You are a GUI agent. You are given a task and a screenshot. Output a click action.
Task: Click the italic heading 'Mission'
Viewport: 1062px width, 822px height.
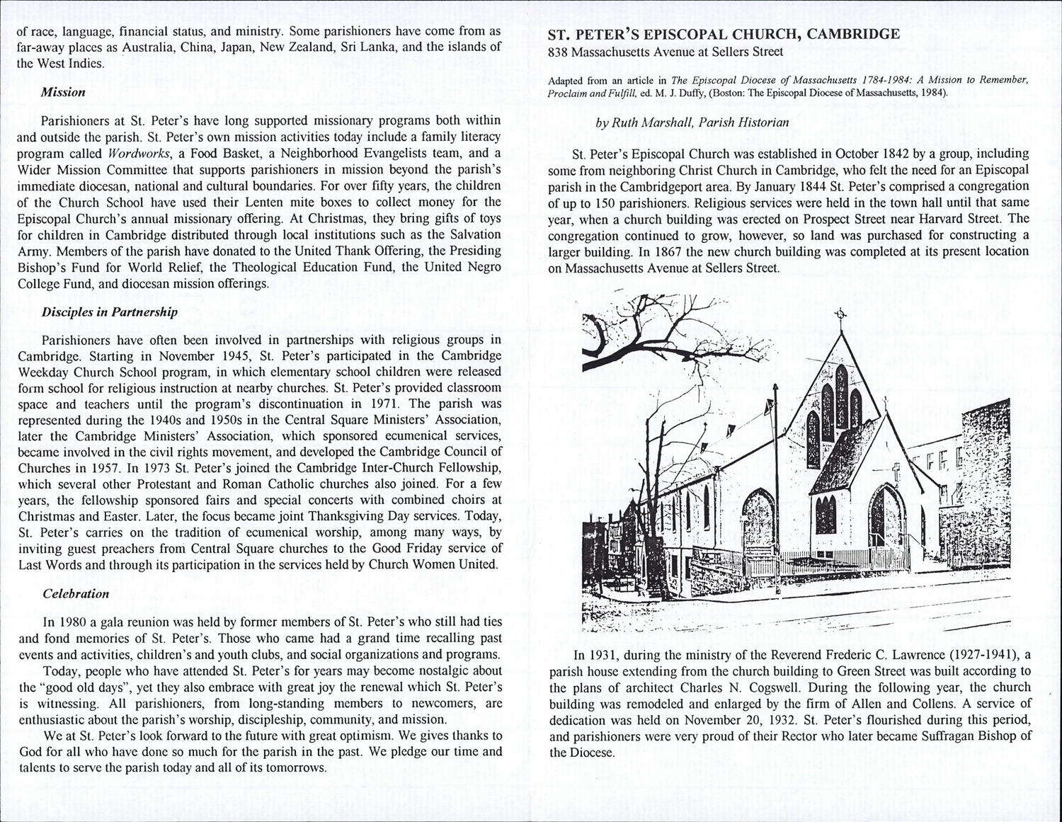[x=63, y=93]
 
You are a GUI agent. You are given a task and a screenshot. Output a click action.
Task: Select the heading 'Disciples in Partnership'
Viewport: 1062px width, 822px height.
[x=110, y=312]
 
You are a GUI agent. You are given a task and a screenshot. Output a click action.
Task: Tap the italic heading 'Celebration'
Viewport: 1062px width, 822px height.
[x=76, y=594]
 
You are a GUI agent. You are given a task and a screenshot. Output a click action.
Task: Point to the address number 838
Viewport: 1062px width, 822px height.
[x=559, y=52]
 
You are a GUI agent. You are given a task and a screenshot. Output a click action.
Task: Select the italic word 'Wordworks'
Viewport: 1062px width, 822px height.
[x=137, y=154]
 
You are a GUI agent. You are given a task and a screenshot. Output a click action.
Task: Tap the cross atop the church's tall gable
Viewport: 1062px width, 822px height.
[x=841, y=315]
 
